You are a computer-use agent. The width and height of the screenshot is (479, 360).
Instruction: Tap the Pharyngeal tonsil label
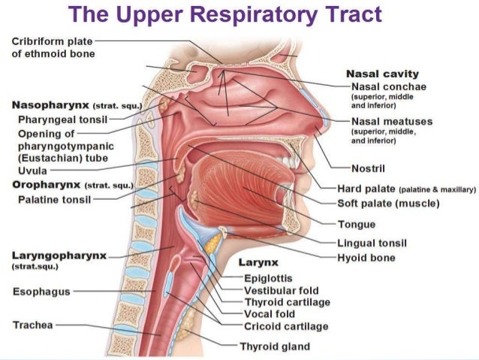pos(62,119)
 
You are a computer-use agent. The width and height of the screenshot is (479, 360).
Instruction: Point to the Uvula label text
pos(33,171)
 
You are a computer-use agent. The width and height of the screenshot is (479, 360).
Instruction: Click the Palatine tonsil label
pos(54,200)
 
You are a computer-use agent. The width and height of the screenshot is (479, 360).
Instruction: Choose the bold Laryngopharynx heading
pos(59,256)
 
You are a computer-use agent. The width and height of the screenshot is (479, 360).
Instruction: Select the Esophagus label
pos(41,292)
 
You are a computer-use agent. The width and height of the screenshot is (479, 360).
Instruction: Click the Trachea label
pos(33,325)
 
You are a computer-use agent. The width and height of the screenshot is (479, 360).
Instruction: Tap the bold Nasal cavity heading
pos(382,74)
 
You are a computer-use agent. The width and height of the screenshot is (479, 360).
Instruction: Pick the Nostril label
pos(368,168)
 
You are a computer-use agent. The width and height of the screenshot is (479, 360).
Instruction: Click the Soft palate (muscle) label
pos(388,204)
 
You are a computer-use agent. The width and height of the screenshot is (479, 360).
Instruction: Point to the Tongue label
pos(357,224)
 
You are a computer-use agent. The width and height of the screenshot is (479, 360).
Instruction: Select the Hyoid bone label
pos(366,258)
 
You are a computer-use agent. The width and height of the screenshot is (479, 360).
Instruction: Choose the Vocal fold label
pos(270,314)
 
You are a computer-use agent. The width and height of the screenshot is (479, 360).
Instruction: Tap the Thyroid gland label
pos(275,346)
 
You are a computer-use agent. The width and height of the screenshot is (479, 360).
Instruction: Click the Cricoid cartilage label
pos(286,326)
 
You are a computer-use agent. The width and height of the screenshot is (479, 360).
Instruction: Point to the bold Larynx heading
pos(258,262)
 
